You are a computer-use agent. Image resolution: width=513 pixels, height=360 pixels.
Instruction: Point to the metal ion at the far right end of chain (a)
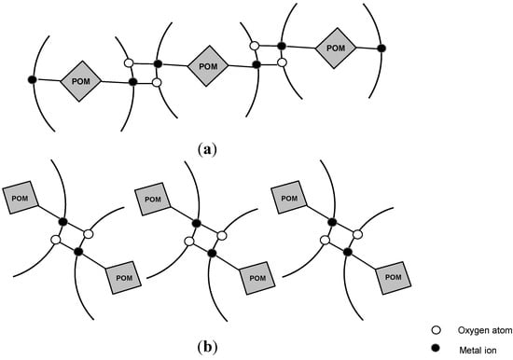(x=381, y=48)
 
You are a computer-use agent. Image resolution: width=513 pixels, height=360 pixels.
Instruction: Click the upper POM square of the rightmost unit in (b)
(x=289, y=199)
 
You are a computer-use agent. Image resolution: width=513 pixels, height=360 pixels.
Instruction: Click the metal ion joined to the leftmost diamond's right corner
(x=133, y=83)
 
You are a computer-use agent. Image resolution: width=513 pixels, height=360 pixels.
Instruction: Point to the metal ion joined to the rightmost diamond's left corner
(x=281, y=46)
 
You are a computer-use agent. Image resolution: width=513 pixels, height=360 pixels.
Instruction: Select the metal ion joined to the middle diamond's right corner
(x=256, y=64)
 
